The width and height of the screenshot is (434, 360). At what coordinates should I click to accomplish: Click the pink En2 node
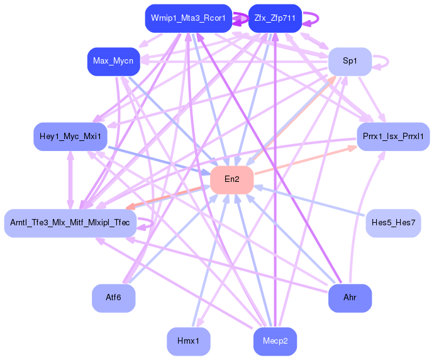coord(231,179)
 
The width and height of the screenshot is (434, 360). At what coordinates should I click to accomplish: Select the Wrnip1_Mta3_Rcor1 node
coord(188,18)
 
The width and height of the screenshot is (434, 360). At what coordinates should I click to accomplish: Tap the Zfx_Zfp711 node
coord(275,18)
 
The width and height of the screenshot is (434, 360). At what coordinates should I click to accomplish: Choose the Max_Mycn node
coord(113,61)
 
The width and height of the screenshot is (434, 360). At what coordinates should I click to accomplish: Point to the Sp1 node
coord(350,61)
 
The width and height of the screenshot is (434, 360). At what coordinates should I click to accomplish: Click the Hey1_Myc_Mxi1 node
coord(70,137)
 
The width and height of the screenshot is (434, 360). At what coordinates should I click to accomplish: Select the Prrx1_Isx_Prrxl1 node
coord(393,137)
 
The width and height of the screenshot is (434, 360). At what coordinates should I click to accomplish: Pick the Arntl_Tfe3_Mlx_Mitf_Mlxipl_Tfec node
coord(70,222)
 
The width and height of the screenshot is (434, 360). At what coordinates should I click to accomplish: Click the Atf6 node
coord(113,298)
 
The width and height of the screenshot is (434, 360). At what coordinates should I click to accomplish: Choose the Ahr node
coord(350,298)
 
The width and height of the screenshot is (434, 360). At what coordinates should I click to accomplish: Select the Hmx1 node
coord(188,341)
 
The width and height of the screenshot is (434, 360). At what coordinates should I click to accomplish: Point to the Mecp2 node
coord(275,341)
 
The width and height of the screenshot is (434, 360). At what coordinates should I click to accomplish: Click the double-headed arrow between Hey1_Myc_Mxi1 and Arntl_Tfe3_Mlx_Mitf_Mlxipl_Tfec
coord(70,179)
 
